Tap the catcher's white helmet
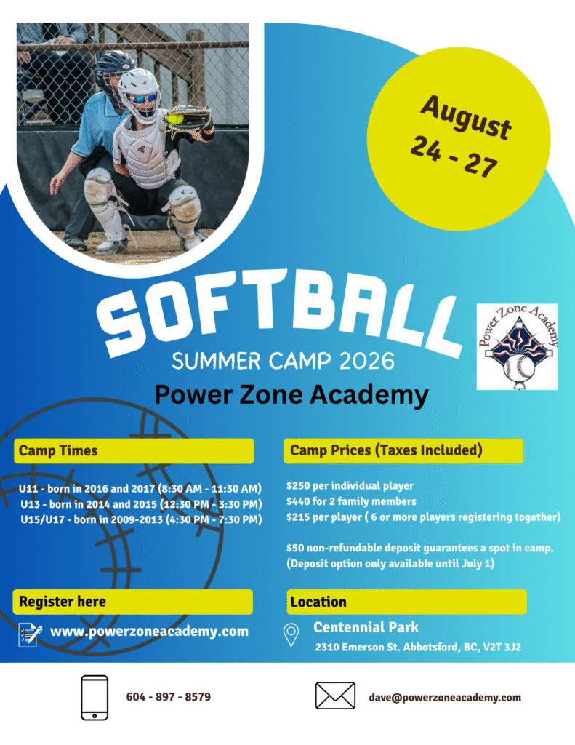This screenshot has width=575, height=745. tap(139, 93)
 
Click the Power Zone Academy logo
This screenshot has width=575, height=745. tap(517, 346)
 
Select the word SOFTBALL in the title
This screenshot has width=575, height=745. tap(280, 313)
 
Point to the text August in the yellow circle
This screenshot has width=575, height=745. tap(466, 117)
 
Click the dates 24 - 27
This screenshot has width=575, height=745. tap(454, 156)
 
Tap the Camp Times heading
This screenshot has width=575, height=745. tap(58, 450)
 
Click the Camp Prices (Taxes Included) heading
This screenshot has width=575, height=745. tap(386, 450)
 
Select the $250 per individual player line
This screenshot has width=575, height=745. tap(350, 485)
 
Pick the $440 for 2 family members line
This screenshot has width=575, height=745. tap(351, 501)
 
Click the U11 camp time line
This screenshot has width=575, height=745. tap(140, 488)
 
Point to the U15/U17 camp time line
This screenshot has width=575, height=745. tap(141, 519)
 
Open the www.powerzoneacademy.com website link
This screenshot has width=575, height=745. tap(149, 631)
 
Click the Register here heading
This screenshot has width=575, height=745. tap(63, 602)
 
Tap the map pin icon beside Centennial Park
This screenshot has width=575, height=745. tap(291, 634)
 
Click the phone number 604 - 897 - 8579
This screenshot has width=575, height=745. tap(169, 697)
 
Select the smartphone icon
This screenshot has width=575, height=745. tap(95, 698)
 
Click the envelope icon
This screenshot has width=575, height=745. tap(335, 696)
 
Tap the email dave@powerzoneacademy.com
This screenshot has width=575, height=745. tap(445, 698)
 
